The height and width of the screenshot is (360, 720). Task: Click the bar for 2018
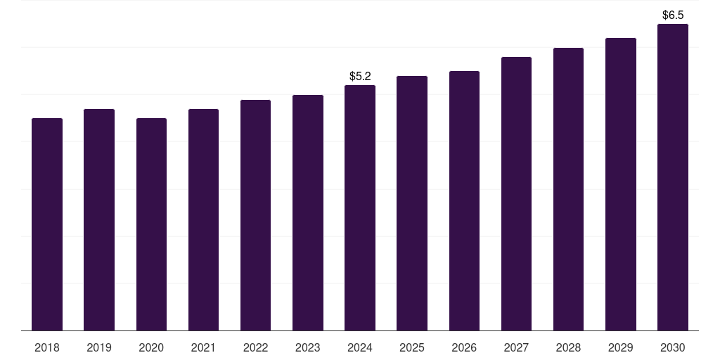47,224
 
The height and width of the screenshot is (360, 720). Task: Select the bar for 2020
151,224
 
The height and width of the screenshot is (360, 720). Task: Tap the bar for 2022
255,215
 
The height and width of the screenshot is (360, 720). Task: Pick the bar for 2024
360,207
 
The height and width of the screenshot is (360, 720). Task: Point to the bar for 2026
464,200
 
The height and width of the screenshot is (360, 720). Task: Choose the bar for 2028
568,189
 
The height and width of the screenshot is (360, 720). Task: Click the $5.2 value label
360,76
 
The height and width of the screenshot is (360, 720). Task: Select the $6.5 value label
673,15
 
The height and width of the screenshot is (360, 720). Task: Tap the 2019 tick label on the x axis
99,347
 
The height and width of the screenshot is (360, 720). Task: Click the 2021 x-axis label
203,347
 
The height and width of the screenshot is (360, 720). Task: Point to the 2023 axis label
307,347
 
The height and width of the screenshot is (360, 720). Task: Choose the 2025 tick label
412,347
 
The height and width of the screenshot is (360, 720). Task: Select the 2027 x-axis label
516,347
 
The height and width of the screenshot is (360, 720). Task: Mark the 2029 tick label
620,347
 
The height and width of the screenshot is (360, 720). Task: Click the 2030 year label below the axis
673,347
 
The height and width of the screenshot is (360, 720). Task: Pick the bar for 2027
516,193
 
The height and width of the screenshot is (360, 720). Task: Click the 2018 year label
47,347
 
